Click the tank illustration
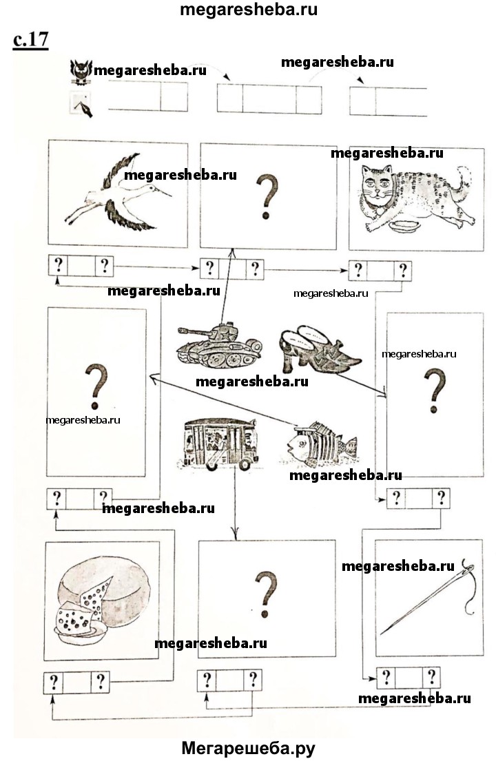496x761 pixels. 219,346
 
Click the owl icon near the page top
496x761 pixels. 81,72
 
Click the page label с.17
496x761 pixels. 30,39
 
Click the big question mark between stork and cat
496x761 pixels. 267,196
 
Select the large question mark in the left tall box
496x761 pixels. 96,386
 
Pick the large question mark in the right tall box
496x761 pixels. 435,390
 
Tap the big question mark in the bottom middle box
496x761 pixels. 266,594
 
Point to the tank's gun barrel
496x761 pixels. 192,332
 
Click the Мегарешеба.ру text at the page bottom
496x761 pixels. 248,749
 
